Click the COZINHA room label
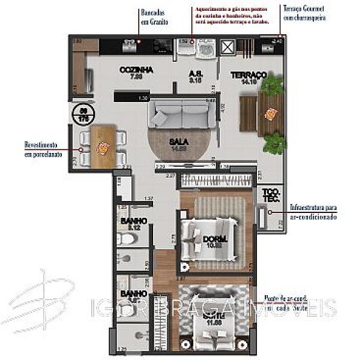click(x=137, y=70)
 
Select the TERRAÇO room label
click(x=249, y=75)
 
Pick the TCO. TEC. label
click(x=270, y=196)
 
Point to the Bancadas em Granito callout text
click(x=154, y=16)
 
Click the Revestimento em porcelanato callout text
click(x=41, y=149)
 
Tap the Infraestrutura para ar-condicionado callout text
click(x=313, y=212)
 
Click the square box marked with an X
click(x=229, y=47)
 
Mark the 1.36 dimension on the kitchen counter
click(x=143, y=98)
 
